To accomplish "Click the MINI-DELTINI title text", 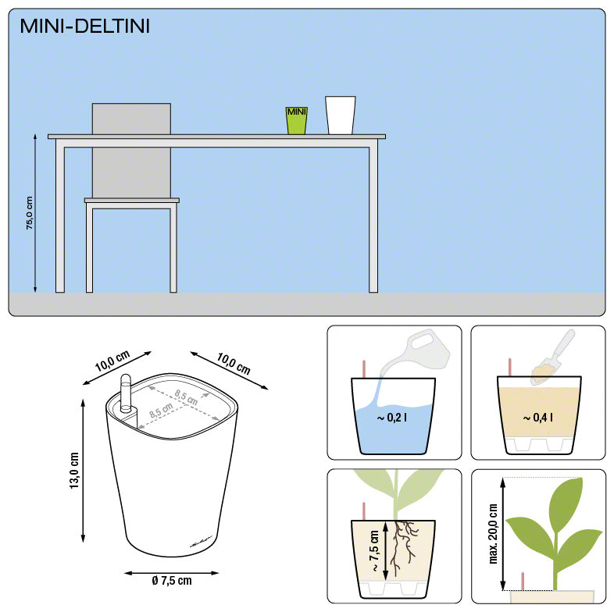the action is [85, 27].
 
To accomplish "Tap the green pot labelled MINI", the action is [296, 120].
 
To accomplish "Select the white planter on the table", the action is [341, 116].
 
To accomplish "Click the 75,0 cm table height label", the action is [30, 213].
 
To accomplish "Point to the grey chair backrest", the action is [131, 151].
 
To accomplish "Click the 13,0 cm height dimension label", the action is [73, 471].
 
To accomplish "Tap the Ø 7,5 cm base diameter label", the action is [172, 580].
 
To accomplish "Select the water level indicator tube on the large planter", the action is [126, 393].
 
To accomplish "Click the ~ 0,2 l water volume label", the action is [391, 418].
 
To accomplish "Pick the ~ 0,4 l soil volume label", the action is [538, 418].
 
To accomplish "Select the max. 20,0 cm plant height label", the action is [493, 534].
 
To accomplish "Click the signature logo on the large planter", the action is [201, 543].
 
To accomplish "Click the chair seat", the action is [132, 201].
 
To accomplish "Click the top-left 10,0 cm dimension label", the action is [112, 361].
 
